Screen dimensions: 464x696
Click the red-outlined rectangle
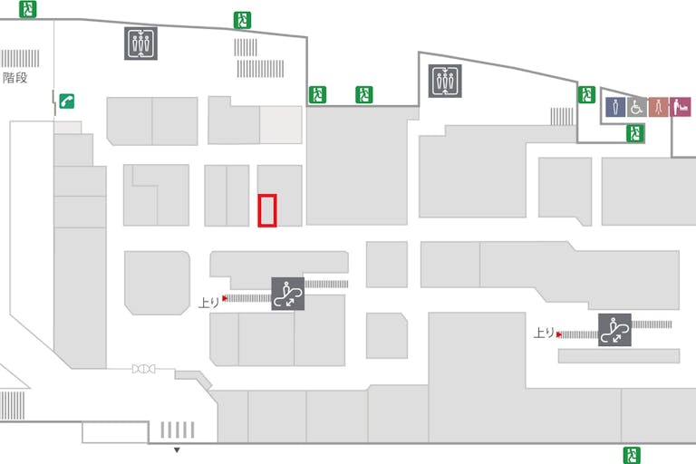pyautogui.click(x=267, y=210)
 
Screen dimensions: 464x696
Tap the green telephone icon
pyautogui.click(x=66, y=101)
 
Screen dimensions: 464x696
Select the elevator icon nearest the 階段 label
pyautogui.click(x=140, y=43)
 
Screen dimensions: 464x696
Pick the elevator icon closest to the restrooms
pyautogui.click(x=445, y=81)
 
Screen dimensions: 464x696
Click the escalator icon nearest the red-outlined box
pyautogui.click(x=288, y=294)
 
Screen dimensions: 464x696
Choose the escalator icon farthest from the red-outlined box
pyautogui.click(x=615, y=329)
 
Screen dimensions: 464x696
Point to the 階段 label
pyautogui.click(x=15, y=78)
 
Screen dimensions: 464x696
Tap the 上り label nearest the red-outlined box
pyautogui.click(x=208, y=302)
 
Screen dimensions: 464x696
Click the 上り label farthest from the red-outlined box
pyautogui.click(x=543, y=333)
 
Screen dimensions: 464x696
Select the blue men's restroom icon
pyautogui.click(x=615, y=107)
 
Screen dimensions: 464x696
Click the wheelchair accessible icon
pyautogui.click(x=636, y=107)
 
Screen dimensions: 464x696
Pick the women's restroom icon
pyautogui.click(x=658, y=107)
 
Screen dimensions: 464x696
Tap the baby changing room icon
pyautogui.click(x=680, y=107)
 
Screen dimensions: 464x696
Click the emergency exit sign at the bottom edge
pyautogui.click(x=632, y=455)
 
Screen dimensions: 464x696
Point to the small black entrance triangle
pyautogui.click(x=178, y=449)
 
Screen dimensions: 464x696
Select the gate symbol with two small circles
pyautogui.click(x=143, y=369)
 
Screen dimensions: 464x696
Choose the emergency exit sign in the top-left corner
pyautogui.click(x=30, y=9)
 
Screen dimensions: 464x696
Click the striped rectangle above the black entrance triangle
pyautogui.click(x=178, y=430)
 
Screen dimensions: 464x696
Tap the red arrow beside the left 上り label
pyautogui.click(x=225, y=297)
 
